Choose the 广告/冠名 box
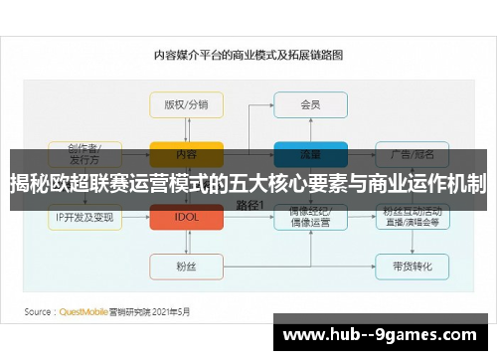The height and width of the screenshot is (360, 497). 412,154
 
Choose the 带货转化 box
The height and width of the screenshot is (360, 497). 412,267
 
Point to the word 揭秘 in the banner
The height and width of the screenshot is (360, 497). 30,184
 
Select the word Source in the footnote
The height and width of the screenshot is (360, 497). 39,311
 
